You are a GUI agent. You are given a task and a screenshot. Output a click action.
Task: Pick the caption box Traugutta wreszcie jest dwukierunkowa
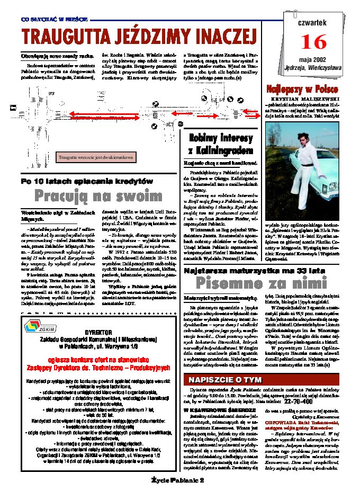pyautogui.click(x=96, y=157)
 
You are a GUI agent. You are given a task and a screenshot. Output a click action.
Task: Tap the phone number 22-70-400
pyautogui.click(x=299, y=401)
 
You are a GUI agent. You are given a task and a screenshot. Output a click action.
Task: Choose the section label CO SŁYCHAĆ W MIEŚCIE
pyautogui.click(x=49, y=19)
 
